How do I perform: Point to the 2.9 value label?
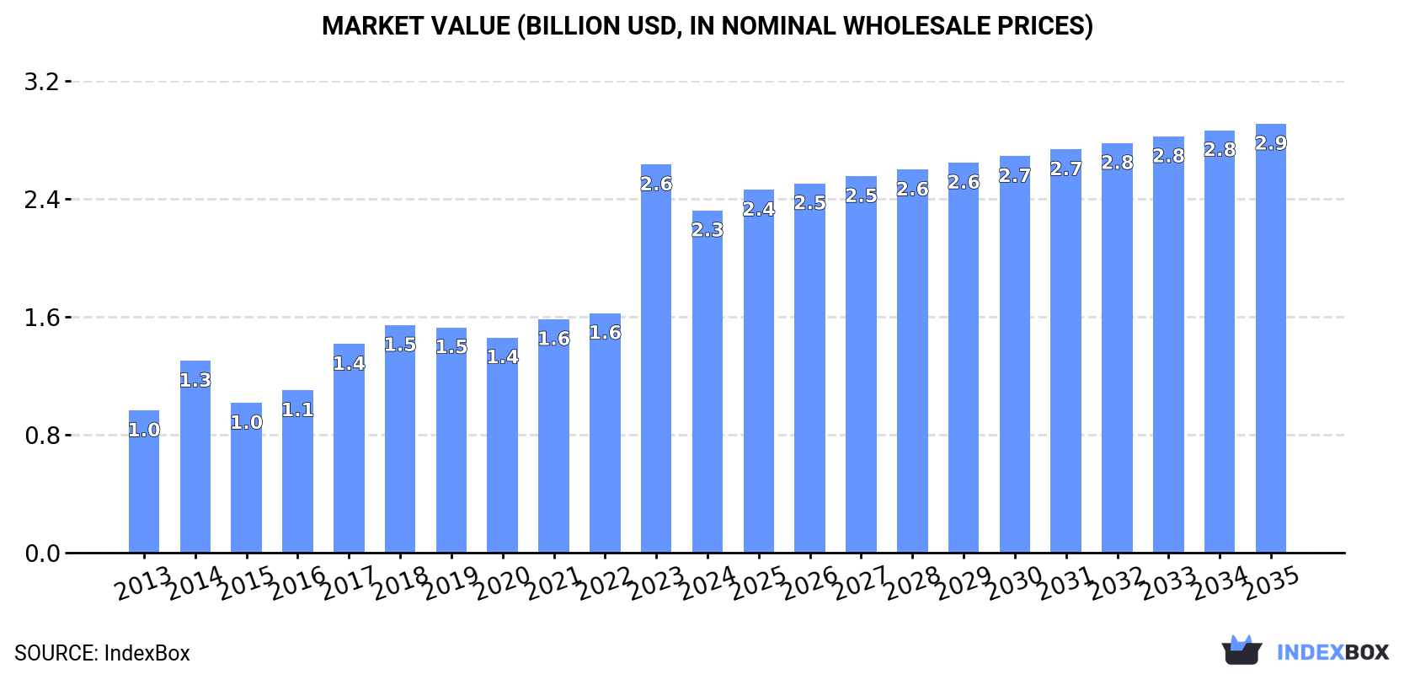pos(1270,143)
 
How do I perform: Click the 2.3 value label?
pos(707,230)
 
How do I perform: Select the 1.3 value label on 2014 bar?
pos(195,380)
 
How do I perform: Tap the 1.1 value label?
pos(297,409)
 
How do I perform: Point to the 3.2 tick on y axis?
pos(41,82)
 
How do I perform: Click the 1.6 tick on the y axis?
pos(41,318)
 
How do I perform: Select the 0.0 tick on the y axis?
pos(41,554)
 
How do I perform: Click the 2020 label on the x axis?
pos(502,583)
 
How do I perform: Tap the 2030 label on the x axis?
pos(1014,583)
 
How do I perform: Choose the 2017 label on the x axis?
pos(349,583)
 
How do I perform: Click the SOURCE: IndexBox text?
pos(102,653)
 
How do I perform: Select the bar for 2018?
pos(400,439)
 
